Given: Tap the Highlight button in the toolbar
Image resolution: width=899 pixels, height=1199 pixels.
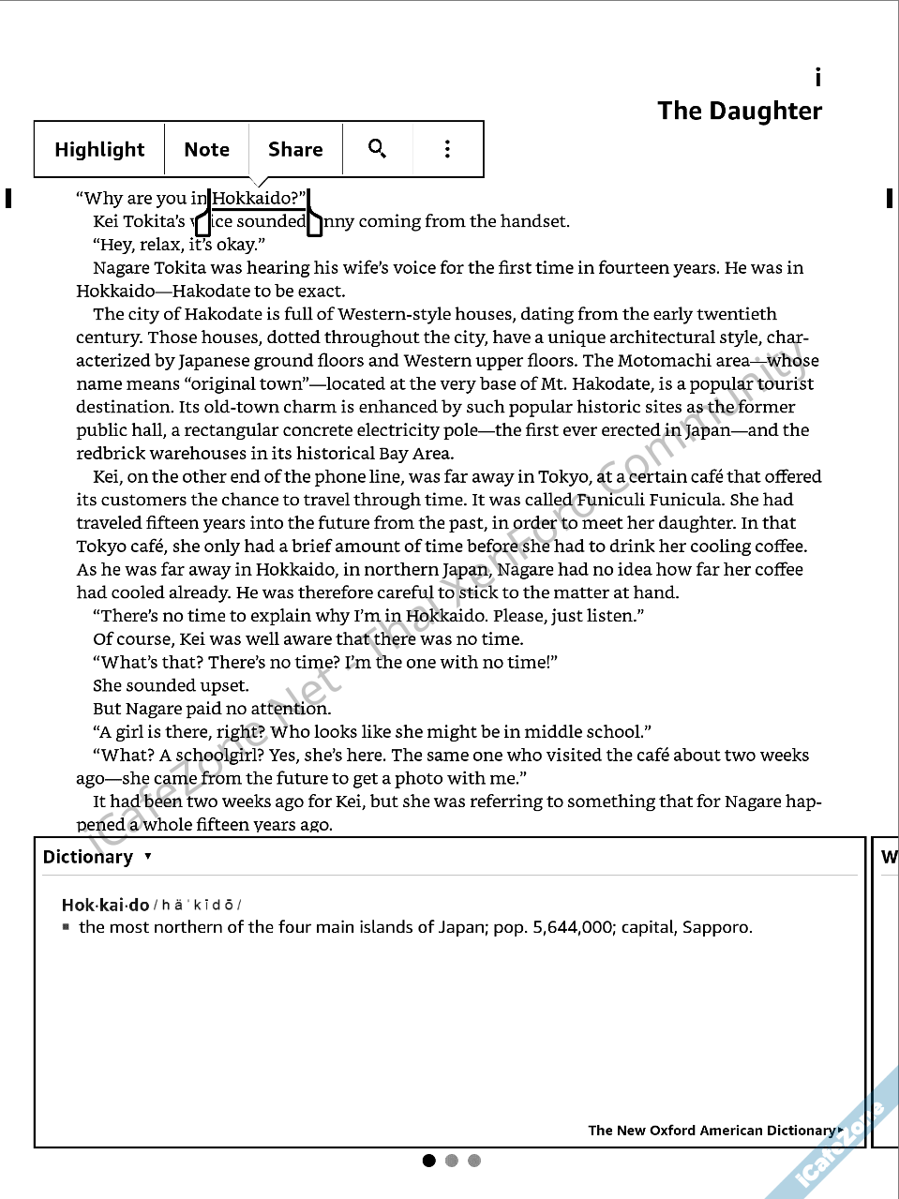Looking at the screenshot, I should [99, 149].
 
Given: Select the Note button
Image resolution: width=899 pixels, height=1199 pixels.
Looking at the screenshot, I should [206, 149].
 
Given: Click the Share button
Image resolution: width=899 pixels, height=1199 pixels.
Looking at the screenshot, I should [295, 149].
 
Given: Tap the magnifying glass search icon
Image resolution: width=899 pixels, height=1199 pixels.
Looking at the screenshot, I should [377, 148].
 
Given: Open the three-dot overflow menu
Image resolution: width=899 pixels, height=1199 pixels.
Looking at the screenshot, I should [447, 148].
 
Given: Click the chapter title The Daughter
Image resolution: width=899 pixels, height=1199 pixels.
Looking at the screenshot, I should [740, 111].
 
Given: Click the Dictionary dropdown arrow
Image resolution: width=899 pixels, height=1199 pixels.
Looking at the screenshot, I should [148, 856].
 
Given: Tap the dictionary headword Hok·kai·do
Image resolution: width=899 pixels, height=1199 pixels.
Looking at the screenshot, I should [105, 905].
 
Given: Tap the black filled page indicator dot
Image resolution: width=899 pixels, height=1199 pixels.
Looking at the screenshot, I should [429, 1161].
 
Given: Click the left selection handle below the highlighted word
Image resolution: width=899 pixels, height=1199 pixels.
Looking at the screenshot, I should [202, 225].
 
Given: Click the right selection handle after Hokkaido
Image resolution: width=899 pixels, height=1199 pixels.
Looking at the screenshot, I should [314, 224].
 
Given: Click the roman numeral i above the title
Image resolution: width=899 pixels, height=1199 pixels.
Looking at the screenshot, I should [817, 78].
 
